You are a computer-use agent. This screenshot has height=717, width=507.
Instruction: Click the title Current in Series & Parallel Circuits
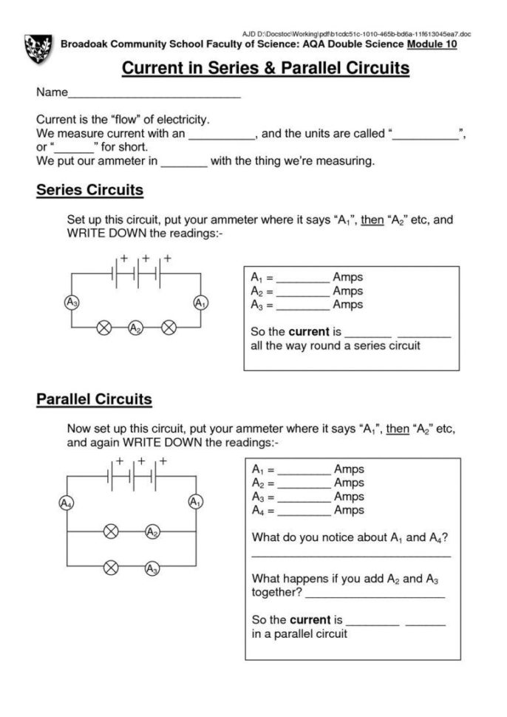point(265,69)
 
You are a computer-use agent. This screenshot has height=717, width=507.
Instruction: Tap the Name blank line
point(154,95)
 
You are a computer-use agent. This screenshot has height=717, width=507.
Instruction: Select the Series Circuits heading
point(89,190)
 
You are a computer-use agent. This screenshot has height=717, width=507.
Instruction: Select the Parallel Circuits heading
point(94,399)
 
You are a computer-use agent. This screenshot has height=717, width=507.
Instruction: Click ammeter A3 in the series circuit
point(71,302)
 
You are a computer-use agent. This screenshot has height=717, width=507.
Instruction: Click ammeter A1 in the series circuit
point(200,302)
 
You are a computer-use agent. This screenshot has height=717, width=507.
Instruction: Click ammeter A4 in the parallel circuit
point(67,503)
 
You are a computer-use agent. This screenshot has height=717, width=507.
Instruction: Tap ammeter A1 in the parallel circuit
point(195,502)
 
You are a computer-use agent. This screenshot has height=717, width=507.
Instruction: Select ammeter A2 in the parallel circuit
point(152,531)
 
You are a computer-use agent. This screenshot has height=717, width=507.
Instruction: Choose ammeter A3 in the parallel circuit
point(152,568)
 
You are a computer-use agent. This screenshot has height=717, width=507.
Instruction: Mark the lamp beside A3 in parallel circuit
point(111,568)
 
